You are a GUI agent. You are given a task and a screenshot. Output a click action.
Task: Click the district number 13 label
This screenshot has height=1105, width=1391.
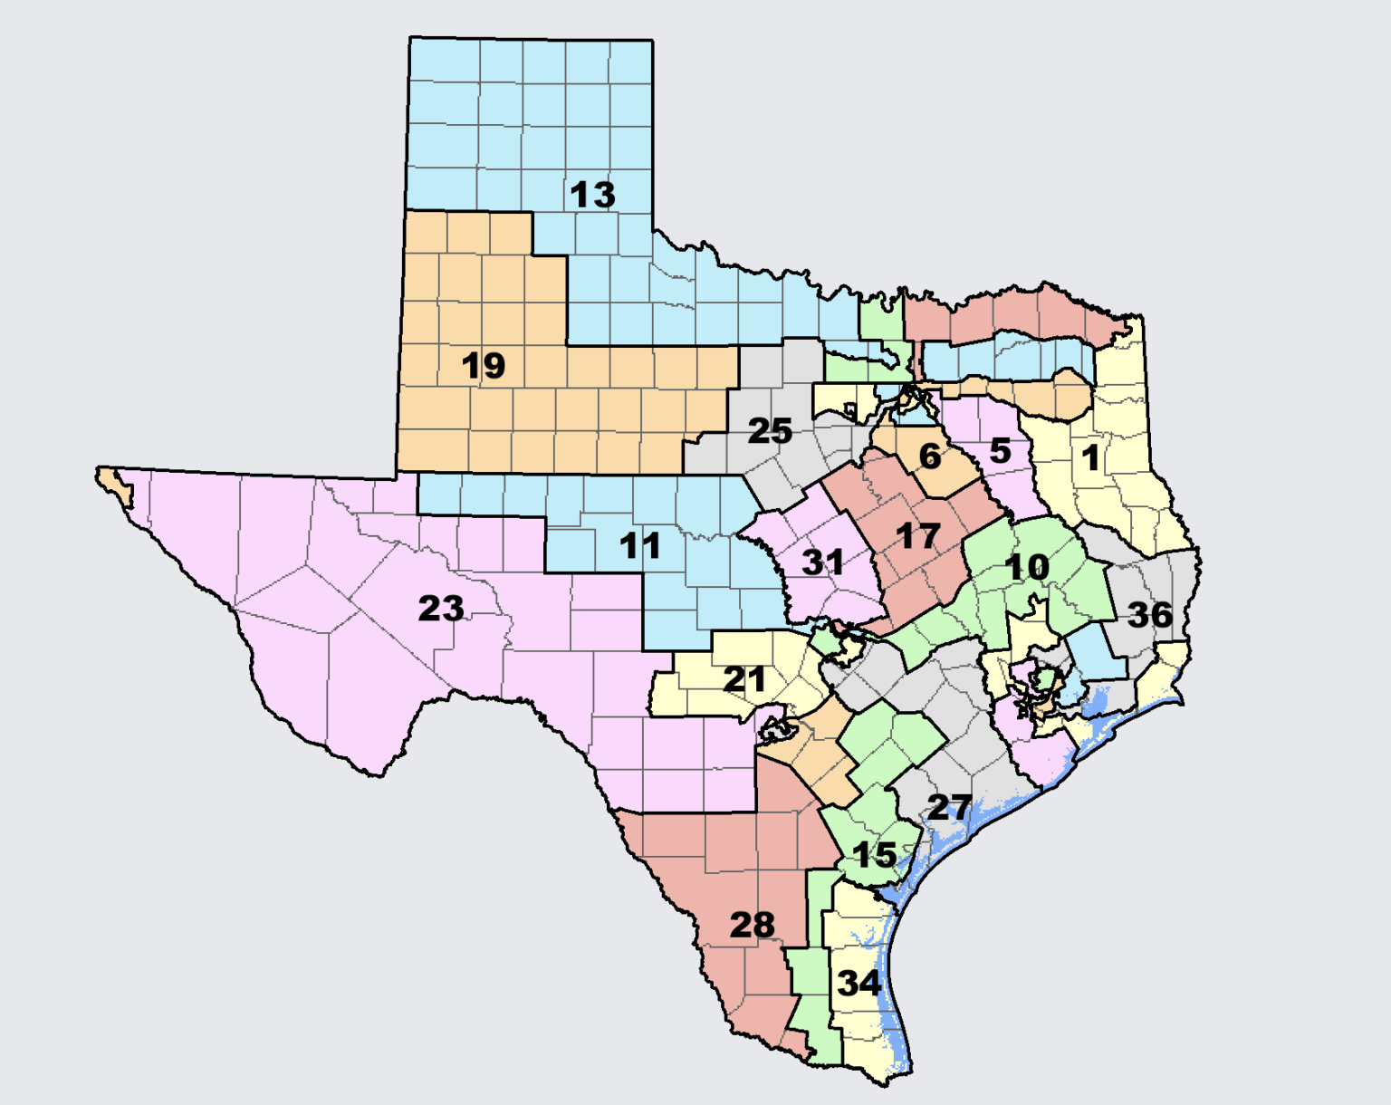click(592, 195)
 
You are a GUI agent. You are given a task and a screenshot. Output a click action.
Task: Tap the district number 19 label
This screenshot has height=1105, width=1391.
click(483, 366)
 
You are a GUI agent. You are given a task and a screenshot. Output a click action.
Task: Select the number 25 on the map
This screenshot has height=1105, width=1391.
click(770, 431)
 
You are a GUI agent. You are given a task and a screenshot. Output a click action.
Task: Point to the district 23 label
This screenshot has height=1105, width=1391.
click(441, 609)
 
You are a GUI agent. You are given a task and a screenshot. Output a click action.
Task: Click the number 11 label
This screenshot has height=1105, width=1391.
click(639, 546)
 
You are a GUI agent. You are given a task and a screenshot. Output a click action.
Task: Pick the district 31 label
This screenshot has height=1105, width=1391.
click(822, 562)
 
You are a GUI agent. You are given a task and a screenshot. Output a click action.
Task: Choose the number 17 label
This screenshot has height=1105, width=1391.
click(917, 536)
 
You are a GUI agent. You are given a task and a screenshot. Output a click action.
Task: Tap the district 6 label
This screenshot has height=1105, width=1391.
click(929, 456)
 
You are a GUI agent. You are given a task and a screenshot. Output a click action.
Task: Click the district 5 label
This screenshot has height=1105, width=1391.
click(1000, 450)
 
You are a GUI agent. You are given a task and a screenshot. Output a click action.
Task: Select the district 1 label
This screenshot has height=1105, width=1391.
click(1090, 457)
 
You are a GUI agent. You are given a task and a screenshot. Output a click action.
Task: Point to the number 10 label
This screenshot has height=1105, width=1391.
click(1027, 568)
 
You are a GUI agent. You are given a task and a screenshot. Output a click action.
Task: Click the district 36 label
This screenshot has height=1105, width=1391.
click(1150, 616)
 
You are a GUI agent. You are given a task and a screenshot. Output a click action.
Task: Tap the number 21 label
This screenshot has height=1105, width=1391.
click(744, 679)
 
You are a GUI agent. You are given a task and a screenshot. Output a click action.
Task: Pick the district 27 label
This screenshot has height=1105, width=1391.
click(949, 807)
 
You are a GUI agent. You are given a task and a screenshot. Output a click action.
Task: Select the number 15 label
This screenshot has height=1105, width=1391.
click(874, 855)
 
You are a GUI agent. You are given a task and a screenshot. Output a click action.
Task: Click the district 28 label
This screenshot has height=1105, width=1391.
click(752, 925)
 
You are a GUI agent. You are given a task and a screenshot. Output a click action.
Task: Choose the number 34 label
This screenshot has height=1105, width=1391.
click(859, 983)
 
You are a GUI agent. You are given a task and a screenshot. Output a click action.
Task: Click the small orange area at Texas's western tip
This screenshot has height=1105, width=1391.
click(116, 483)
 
